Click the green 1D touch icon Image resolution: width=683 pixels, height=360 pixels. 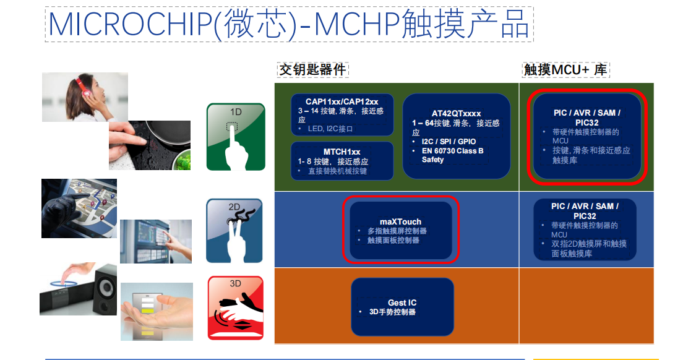point(236,137)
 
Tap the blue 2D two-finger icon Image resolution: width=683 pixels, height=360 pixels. point(234,231)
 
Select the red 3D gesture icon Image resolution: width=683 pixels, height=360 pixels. point(236,308)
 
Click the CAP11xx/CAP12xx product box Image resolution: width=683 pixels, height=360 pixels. point(342,115)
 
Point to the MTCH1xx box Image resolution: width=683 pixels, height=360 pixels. point(342,161)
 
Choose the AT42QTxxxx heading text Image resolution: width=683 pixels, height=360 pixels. point(456,113)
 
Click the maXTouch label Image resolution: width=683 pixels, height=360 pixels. point(400,221)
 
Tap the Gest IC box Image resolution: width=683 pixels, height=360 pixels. point(403,307)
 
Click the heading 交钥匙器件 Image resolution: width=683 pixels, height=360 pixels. point(312,70)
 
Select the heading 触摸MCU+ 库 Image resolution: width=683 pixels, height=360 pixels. point(565,70)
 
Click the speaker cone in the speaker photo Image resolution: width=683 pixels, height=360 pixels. point(106,287)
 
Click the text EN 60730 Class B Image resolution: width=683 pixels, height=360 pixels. point(453,150)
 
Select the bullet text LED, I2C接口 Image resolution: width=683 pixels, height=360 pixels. point(330,129)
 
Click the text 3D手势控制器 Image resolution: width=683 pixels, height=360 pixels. point(392,312)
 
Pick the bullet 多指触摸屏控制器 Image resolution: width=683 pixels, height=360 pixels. point(397,231)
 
